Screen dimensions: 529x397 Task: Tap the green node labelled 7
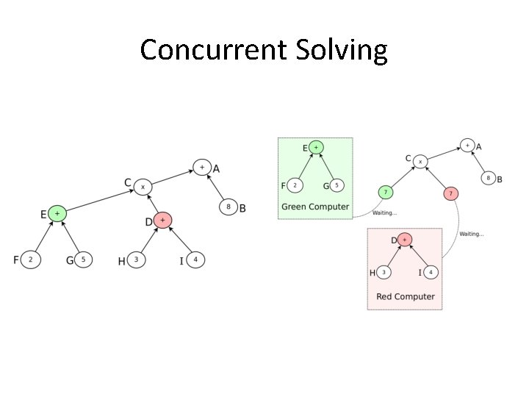point(386,193)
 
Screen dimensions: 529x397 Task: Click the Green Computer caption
point(315,207)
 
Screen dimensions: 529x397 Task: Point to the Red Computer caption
point(405,297)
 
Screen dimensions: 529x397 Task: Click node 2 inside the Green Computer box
point(295,185)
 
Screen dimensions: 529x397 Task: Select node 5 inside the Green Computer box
point(337,185)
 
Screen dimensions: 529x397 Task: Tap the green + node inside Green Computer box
point(316,148)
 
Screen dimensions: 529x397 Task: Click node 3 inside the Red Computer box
point(384,273)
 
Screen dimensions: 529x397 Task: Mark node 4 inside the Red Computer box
point(431,273)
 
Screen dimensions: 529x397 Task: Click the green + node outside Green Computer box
point(57,214)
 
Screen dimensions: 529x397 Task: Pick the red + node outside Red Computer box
point(164,219)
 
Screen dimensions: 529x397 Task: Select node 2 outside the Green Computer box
point(30,260)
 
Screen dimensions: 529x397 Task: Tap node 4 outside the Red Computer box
point(195,260)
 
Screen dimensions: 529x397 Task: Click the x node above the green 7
point(420,160)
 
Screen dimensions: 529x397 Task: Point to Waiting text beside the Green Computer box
point(385,213)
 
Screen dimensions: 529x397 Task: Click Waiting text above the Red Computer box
point(472,234)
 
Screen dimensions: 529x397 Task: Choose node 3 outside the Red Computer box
point(137,260)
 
